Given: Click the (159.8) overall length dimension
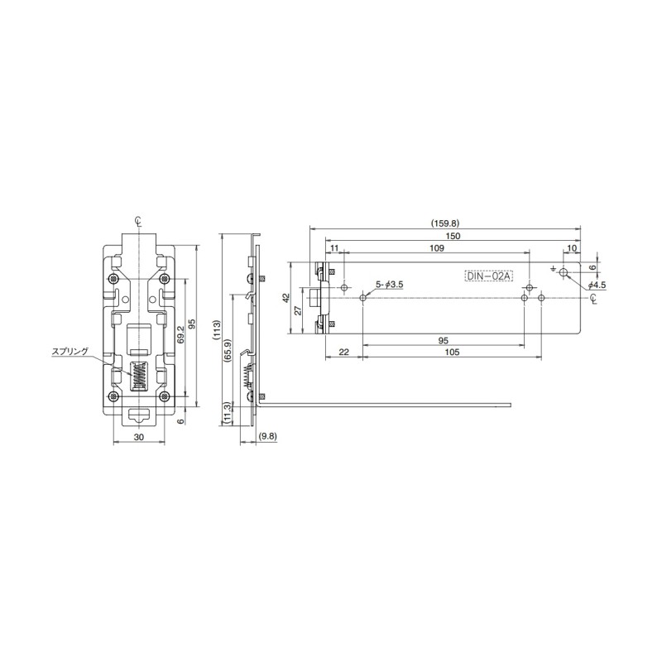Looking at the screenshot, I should click(x=445, y=222).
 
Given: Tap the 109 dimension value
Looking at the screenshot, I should click(x=436, y=248).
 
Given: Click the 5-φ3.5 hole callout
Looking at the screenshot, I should click(x=389, y=285).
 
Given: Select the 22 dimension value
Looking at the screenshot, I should click(x=343, y=353).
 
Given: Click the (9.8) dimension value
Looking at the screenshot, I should click(x=268, y=435).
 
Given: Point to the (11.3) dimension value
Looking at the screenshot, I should click(x=227, y=411).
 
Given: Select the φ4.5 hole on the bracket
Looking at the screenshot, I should click(x=564, y=272).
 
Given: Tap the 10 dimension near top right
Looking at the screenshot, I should click(x=572, y=248).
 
